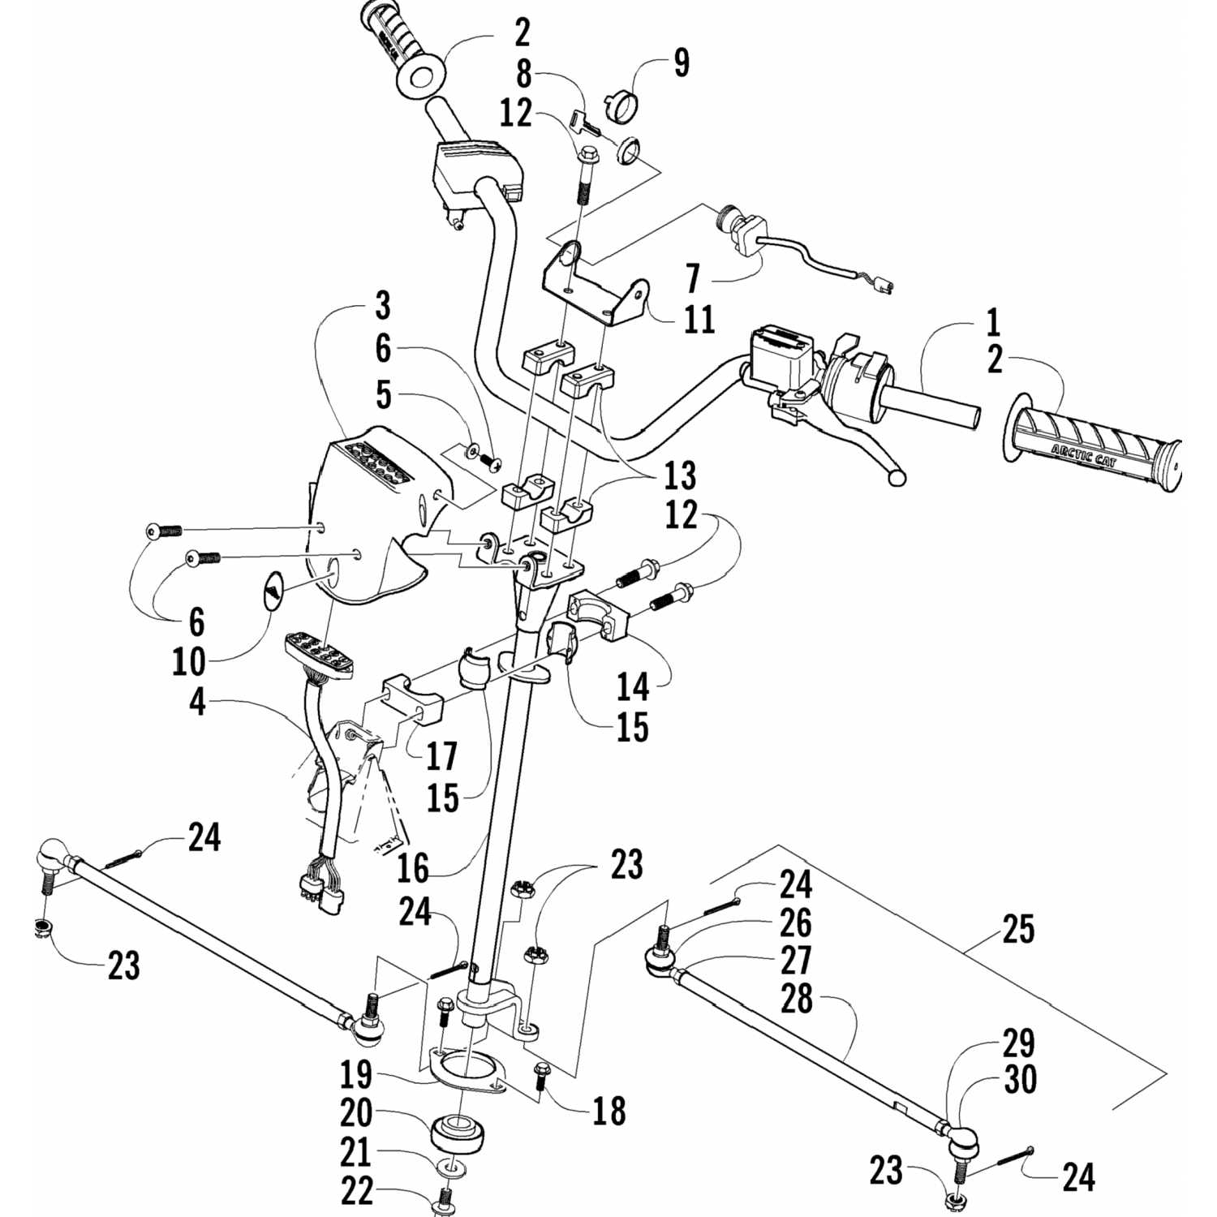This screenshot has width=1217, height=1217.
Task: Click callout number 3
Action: [382, 307]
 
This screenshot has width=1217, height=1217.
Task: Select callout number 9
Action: [681, 62]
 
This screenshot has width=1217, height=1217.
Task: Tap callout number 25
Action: [1017, 930]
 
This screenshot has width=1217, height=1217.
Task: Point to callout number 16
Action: [413, 868]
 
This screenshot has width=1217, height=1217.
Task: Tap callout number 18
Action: [608, 1111]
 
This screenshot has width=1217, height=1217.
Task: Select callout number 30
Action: [1020, 1080]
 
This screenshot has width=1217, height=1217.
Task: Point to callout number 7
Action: [692, 277]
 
